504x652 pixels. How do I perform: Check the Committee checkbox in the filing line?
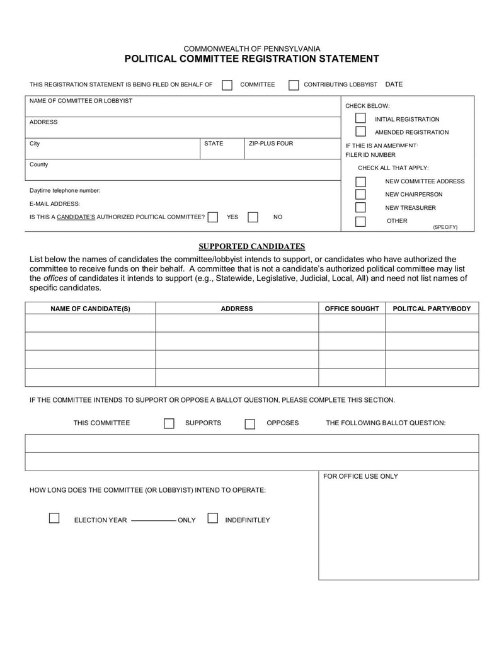coord(227,85)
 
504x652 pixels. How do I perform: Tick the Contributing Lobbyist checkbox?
coord(294,85)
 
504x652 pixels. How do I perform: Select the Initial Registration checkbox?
coord(360,118)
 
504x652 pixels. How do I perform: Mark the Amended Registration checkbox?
coord(360,132)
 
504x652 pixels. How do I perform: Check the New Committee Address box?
coord(360,181)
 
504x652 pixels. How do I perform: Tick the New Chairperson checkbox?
coord(360,195)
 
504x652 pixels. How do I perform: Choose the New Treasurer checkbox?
coord(360,208)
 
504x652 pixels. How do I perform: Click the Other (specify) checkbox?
coord(360,221)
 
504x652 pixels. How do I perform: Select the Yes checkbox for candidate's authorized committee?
coord(213,217)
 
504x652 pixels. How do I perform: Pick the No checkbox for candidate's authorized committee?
coord(253,217)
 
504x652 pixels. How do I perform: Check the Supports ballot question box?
coord(169,423)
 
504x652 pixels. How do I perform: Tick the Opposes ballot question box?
coord(249,423)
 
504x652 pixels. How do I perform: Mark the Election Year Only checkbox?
coord(54,518)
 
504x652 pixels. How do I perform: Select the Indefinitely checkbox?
coord(212,518)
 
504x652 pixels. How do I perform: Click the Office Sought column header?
coord(352,309)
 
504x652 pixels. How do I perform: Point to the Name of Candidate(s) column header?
coord(90,309)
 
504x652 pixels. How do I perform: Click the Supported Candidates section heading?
coord(252,246)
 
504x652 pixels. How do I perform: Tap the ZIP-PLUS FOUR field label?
coord(271,144)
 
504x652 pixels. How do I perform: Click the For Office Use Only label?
coord(360,476)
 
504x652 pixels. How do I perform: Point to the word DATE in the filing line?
coord(394,84)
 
